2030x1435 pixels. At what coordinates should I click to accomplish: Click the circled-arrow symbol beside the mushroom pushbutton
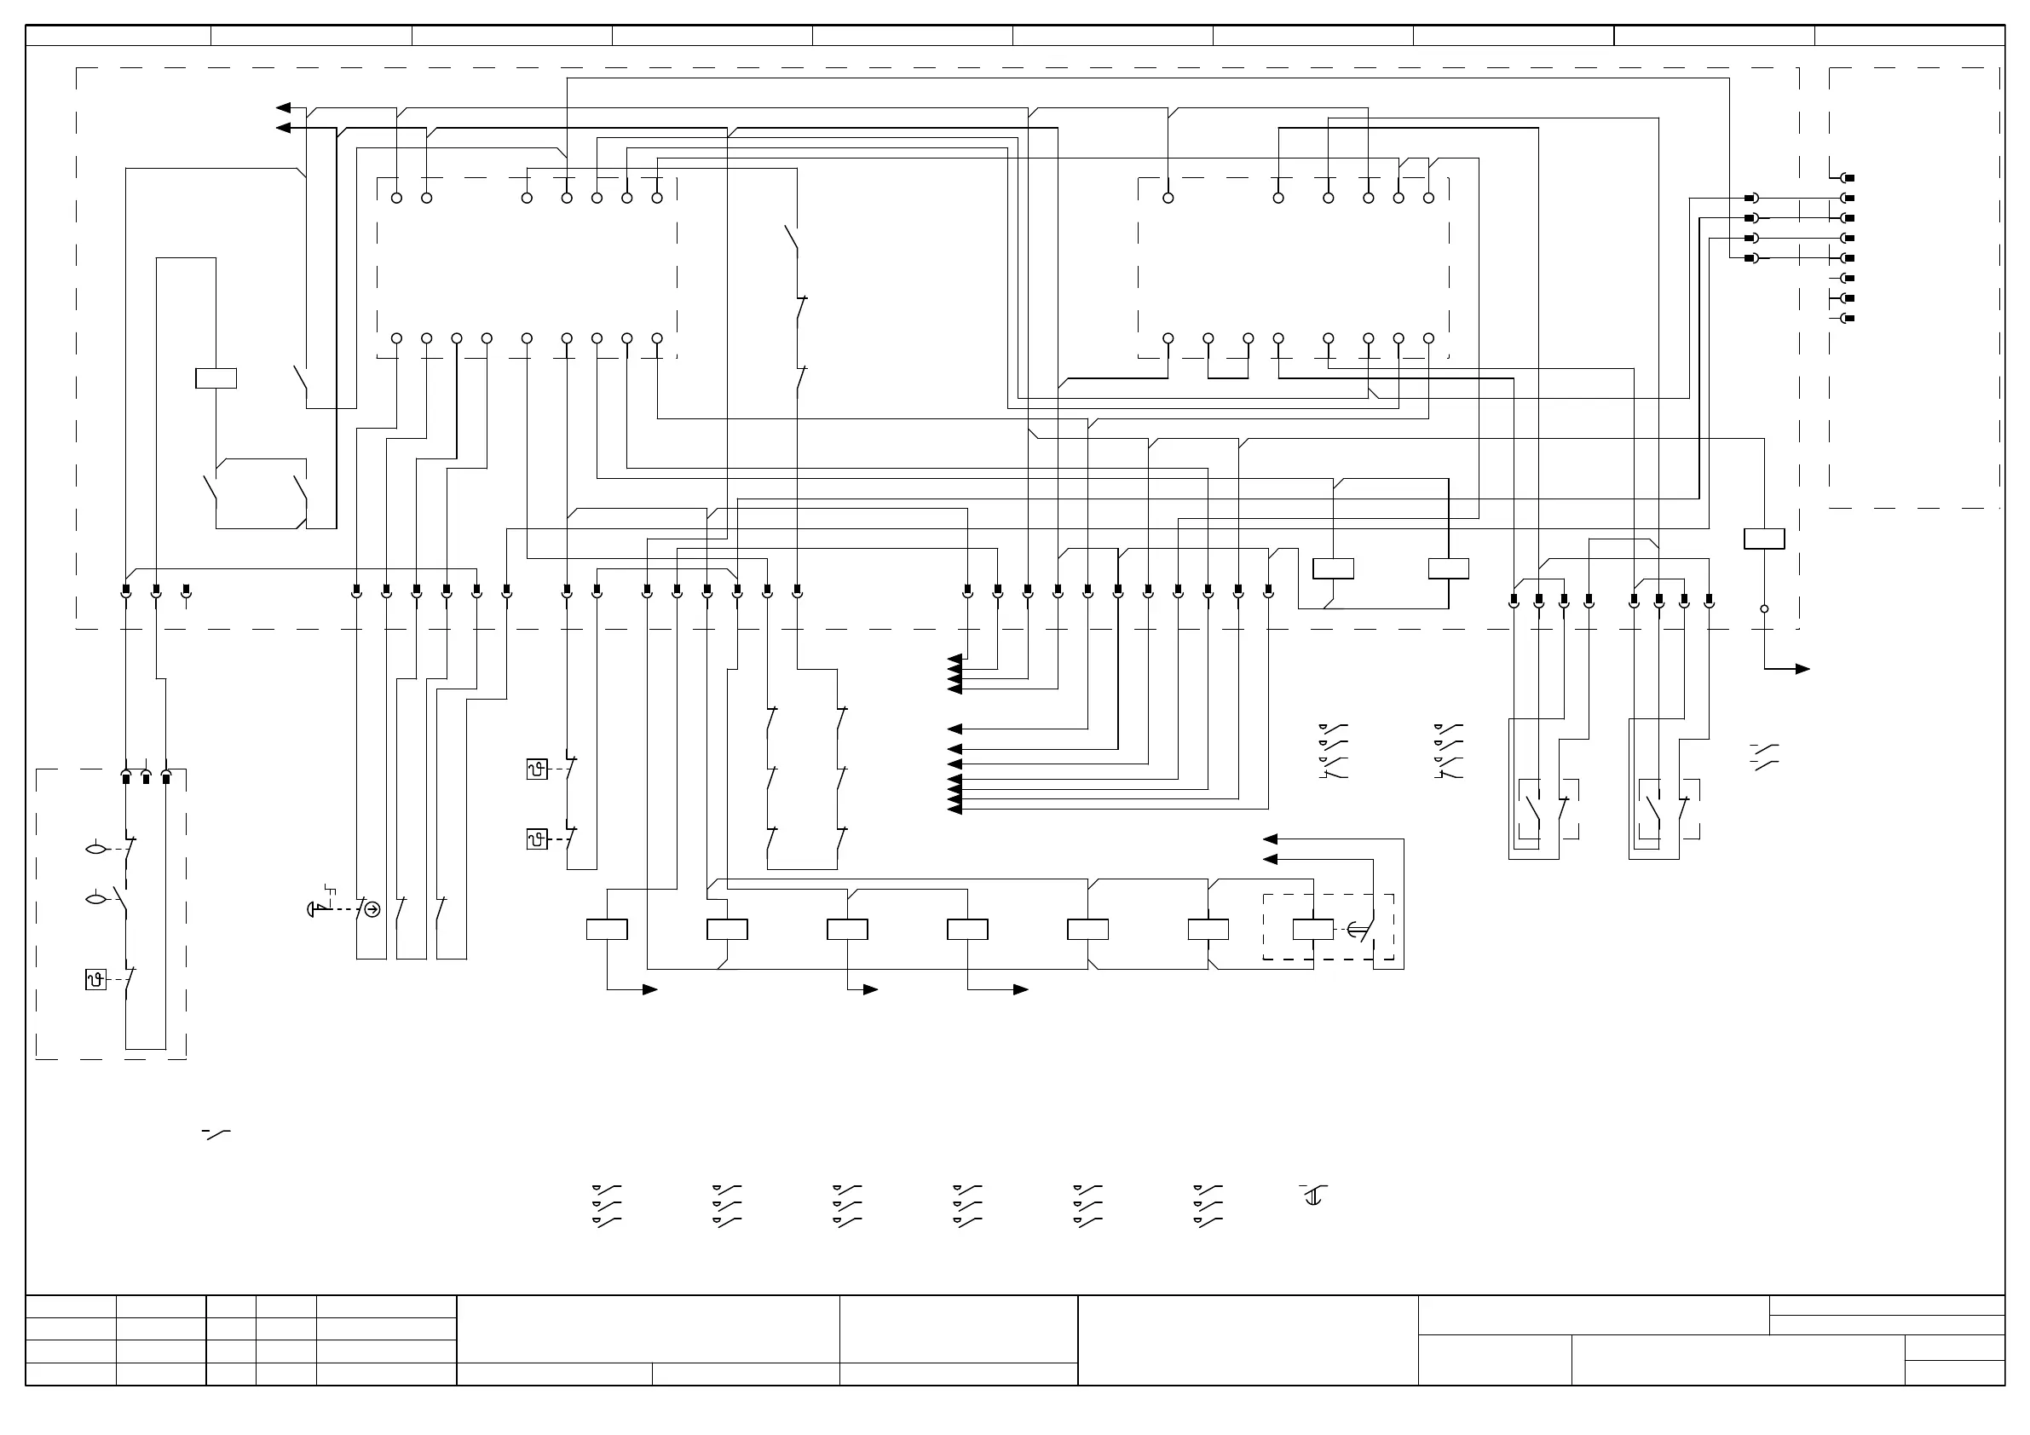[372, 909]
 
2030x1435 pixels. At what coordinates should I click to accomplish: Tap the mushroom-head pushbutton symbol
[313, 909]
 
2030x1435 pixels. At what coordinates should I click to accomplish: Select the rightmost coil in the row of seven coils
[1313, 930]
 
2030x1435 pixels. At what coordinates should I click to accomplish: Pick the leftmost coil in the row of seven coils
[607, 930]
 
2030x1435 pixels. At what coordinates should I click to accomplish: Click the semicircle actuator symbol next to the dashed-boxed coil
[1355, 930]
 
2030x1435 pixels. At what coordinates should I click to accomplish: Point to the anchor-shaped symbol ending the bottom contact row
[1313, 1198]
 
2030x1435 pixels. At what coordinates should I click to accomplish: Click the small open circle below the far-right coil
[1764, 609]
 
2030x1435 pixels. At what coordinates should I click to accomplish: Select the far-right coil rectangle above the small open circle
[1764, 539]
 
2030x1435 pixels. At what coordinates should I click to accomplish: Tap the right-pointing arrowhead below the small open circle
[1802, 669]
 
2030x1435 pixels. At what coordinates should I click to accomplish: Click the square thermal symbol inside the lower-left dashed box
[95, 980]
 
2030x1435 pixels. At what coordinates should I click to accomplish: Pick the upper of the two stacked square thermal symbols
[537, 769]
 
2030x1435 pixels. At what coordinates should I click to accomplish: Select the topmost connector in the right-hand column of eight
[1847, 178]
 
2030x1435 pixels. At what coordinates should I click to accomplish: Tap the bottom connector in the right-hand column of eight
[1847, 319]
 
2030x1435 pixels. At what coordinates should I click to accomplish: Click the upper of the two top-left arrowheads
[283, 108]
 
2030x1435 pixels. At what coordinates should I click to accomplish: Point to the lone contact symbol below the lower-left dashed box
[216, 1133]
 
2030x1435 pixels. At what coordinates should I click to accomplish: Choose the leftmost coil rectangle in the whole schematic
[216, 378]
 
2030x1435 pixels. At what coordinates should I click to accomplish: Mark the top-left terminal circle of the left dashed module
[396, 198]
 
